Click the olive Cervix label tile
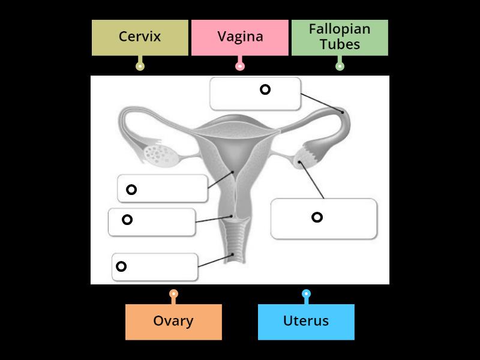[140, 37]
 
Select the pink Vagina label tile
[240, 37]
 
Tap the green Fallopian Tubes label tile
[340, 37]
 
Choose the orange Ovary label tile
[173, 322]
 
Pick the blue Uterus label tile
[306, 322]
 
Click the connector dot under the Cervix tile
[140, 65]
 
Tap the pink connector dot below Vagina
[240, 65]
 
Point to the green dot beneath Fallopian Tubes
[340, 65]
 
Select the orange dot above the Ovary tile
[173, 294]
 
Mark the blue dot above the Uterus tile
[306, 294]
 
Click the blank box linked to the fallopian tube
[255, 94]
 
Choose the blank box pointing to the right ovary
[324, 218]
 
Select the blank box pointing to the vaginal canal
[155, 267]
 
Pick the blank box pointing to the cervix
[152, 222]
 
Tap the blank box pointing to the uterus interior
[163, 188]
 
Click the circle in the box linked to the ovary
[317, 217]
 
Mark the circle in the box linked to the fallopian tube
[265, 89]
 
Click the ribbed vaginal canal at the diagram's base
[235, 246]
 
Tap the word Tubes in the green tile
[340, 44]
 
